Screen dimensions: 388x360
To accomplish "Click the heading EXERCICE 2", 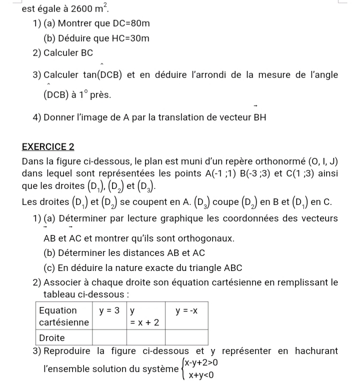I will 48,146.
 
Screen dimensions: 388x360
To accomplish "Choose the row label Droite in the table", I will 52,337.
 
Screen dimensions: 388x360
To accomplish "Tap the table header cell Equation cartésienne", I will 63,316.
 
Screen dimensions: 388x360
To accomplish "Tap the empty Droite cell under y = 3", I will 109,337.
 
